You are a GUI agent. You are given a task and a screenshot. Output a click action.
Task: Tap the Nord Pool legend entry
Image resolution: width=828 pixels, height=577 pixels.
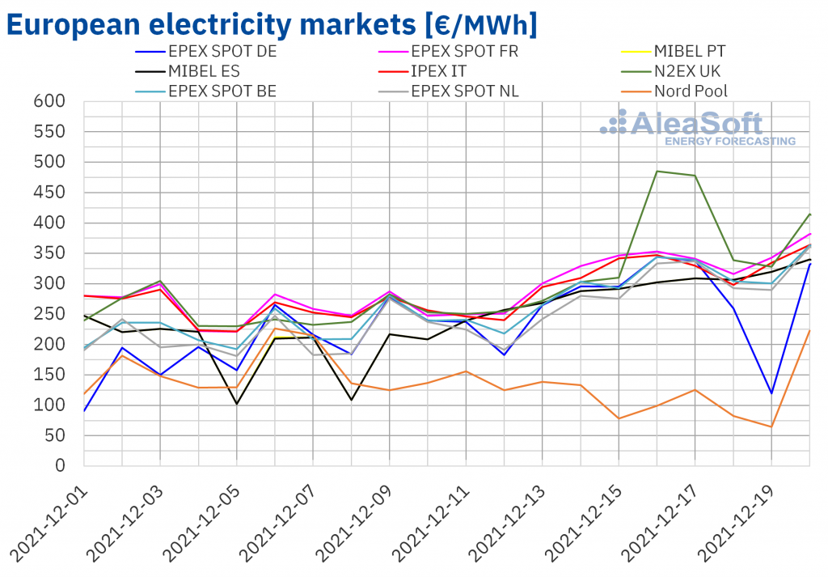coord(691,90)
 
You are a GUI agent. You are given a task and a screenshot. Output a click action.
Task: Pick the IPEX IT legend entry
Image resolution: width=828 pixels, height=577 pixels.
coord(440,70)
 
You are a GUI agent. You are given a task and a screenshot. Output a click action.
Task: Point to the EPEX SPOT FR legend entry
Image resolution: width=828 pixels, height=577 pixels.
coord(465,51)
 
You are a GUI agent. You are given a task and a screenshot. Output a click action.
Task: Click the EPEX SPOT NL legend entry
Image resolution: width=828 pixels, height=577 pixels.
coord(465,90)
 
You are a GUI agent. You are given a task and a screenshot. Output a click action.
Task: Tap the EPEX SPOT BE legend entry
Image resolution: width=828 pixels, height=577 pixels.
coord(222,90)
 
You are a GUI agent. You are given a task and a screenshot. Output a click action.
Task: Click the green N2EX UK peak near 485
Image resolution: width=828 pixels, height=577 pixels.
coord(657,172)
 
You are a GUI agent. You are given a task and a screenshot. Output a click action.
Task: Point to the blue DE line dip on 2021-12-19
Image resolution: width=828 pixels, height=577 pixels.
coord(771,393)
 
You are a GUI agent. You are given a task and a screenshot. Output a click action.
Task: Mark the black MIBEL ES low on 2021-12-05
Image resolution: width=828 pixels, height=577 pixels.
coord(236,404)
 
